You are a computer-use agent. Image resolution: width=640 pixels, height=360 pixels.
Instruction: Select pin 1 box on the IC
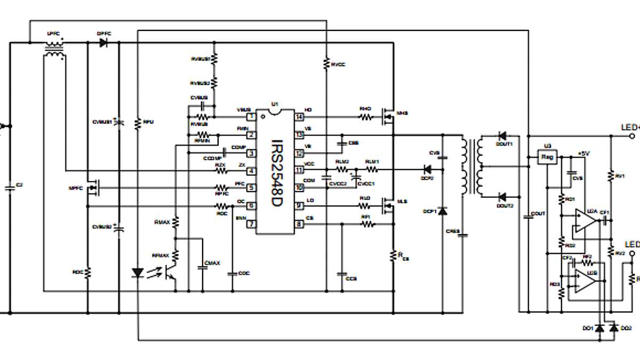250,116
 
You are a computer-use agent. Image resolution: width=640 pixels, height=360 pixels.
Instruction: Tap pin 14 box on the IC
299,116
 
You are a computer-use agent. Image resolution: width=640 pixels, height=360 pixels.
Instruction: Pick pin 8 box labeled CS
299,225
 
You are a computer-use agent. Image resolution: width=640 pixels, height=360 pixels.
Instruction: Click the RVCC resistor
326,63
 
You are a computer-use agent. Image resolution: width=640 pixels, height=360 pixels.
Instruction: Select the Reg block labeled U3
547,157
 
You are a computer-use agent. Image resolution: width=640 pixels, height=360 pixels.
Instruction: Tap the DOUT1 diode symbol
502,136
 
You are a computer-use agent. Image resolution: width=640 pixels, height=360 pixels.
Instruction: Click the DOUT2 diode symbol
502,196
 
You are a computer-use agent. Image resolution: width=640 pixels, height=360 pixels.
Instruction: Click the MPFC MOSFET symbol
94,188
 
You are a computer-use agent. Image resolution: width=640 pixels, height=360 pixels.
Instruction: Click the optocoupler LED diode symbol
137,273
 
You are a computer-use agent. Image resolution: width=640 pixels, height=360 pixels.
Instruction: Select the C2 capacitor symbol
10,188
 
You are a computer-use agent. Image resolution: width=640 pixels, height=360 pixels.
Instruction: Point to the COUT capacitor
529,215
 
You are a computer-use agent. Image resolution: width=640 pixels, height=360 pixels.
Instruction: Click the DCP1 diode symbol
442,211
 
